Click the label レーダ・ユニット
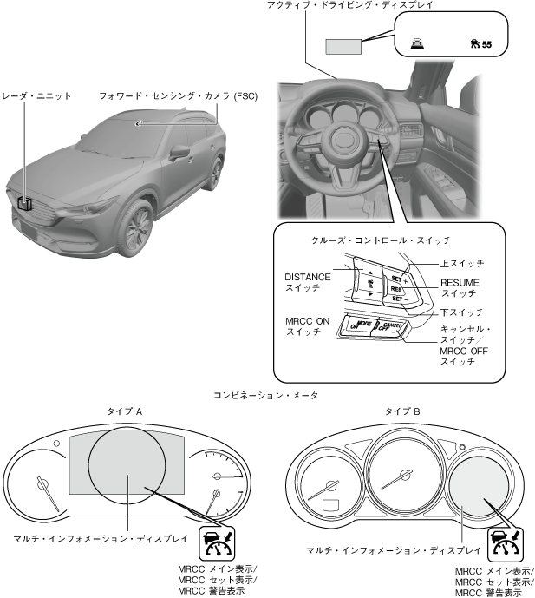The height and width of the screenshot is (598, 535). [36, 95]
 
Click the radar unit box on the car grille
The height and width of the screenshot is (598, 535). [27, 205]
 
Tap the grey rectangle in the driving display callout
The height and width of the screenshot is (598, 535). [343, 46]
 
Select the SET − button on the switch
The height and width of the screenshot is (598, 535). [398, 298]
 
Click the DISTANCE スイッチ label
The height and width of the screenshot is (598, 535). [307, 282]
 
